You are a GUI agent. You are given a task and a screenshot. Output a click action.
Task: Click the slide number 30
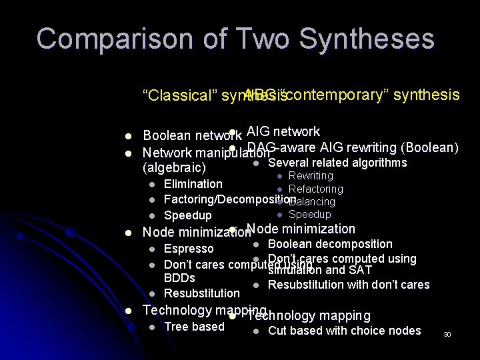(x=447, y=334)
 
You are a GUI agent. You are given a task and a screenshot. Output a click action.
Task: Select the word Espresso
(x=189, y=249)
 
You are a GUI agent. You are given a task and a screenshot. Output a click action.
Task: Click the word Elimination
(x=193, y=183)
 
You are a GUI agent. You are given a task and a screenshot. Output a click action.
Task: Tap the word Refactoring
(x=315, y=189)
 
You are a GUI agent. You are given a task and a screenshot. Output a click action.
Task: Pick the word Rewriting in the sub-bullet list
(x=311, y=176)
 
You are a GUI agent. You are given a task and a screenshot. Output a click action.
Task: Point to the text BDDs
(x=179, y=278)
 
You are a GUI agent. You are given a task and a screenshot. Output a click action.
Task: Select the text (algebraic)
(x=175, y=167)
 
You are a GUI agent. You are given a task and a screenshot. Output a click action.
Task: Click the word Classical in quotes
(x=177, y=95)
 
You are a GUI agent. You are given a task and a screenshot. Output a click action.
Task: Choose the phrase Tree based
(x=194, y=327)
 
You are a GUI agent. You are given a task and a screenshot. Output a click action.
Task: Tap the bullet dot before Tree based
(x=153, y=327)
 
